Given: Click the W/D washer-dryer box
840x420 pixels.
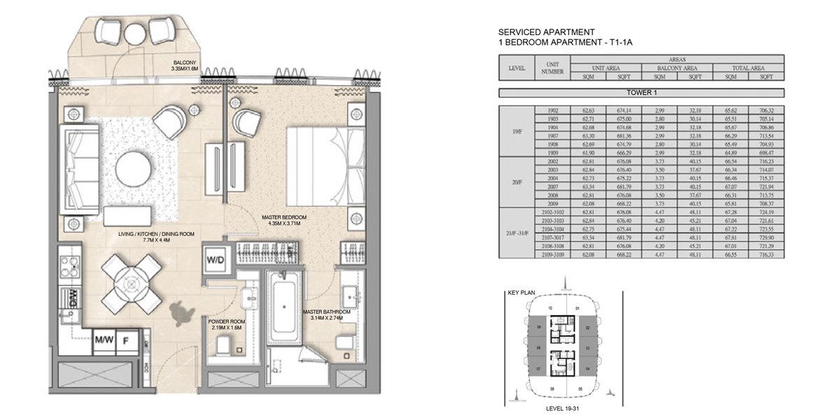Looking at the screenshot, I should [215, 260].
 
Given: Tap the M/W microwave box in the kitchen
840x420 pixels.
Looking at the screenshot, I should [104, 340].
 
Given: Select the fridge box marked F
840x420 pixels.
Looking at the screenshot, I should [127, 340].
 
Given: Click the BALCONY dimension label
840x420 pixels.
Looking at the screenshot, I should [185, 66].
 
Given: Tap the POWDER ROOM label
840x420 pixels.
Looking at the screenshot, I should [225, 323].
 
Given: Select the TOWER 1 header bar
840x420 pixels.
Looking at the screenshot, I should [642, 92].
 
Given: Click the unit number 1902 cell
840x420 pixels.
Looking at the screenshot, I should [551, 111].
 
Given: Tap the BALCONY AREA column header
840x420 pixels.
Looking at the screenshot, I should [677, 68].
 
